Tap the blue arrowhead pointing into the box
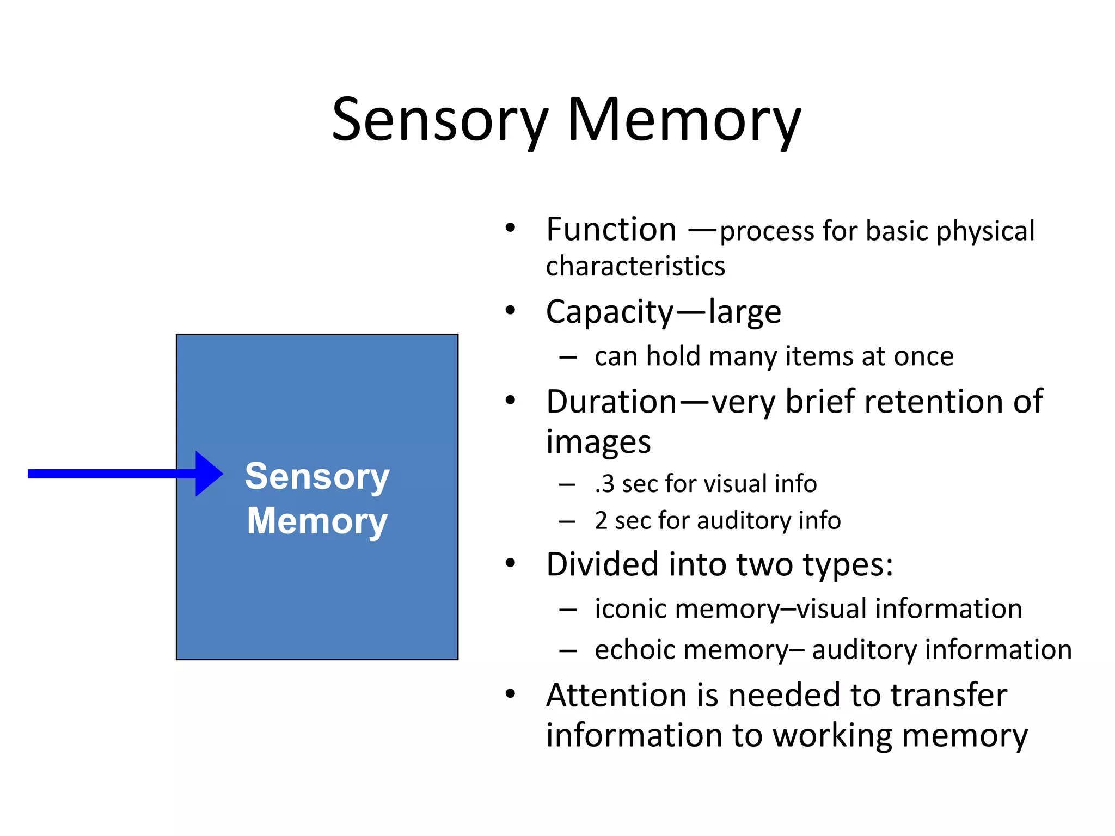[208, 474]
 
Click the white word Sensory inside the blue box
[317, 477]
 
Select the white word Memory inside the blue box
[317, 521]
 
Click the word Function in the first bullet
[611, 230]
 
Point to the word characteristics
[635, 267]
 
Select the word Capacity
[610, 313]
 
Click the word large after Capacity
[744, 313]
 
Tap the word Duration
[611, 402]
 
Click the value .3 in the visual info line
[604, 484]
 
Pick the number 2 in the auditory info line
[601, 521]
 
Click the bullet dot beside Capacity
[510, 311]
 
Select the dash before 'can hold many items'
[567, 358]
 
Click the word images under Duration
[598, 442]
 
